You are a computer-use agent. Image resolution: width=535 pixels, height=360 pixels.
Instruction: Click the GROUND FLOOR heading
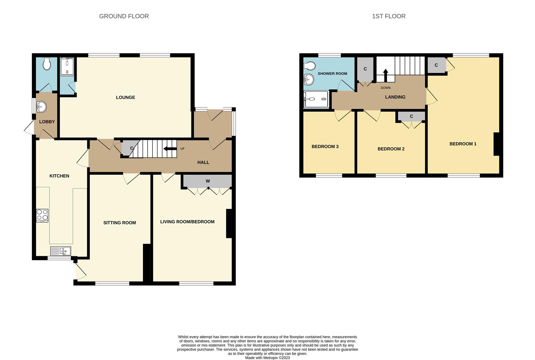click(x=124, y=16)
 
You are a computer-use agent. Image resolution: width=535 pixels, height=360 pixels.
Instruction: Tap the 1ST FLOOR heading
click(x=389, y=16)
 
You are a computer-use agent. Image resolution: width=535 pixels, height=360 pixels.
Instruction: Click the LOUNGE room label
click(x=125, y=97)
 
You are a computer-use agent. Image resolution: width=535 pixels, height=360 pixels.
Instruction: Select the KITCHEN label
click(x=59, y=176)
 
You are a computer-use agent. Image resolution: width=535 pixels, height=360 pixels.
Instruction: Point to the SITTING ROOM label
click(x=119, y=223)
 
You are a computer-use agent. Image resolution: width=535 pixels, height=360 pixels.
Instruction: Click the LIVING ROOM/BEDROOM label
click(x=187, y=222)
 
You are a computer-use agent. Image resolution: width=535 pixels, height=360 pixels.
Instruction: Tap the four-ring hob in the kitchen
click(x=42, y=216)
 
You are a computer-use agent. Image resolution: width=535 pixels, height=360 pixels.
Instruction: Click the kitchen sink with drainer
click(x=61, y=251)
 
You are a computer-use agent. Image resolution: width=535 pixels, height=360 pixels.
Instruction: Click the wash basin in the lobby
click(x=42, y=107)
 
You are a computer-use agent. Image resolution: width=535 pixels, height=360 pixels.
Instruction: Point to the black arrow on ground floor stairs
click(x=170, y=149)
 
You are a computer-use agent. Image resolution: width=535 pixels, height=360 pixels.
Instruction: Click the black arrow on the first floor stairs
click(x=385, y=75)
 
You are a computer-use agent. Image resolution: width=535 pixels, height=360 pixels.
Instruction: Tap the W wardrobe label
click(x=208, y=181)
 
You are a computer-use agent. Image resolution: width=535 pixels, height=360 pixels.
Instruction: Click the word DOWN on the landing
click(x=385, y=88)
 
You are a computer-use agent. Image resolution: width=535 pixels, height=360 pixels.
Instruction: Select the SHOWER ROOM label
click(x=332, y=74)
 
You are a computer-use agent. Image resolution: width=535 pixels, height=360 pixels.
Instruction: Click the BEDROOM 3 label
click(x=325, y=147)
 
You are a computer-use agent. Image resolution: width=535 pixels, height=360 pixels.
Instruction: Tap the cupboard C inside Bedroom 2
click(x=411, y=116)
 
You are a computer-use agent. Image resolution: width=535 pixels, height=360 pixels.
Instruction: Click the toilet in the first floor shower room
click(x=309, y=65)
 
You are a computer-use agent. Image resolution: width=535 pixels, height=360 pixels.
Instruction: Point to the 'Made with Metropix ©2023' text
click(x=267, y=358)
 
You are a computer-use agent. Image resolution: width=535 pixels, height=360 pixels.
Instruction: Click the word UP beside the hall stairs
click(x=182, y=149)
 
